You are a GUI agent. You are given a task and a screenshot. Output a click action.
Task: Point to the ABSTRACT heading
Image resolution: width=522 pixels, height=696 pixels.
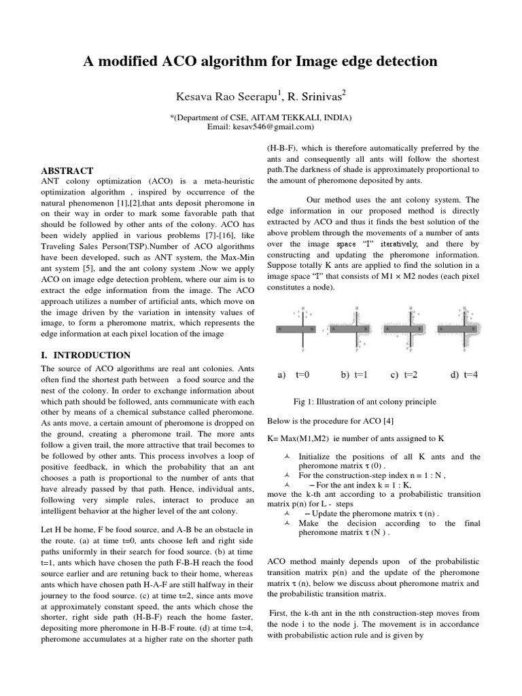(x=67, y=171)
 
